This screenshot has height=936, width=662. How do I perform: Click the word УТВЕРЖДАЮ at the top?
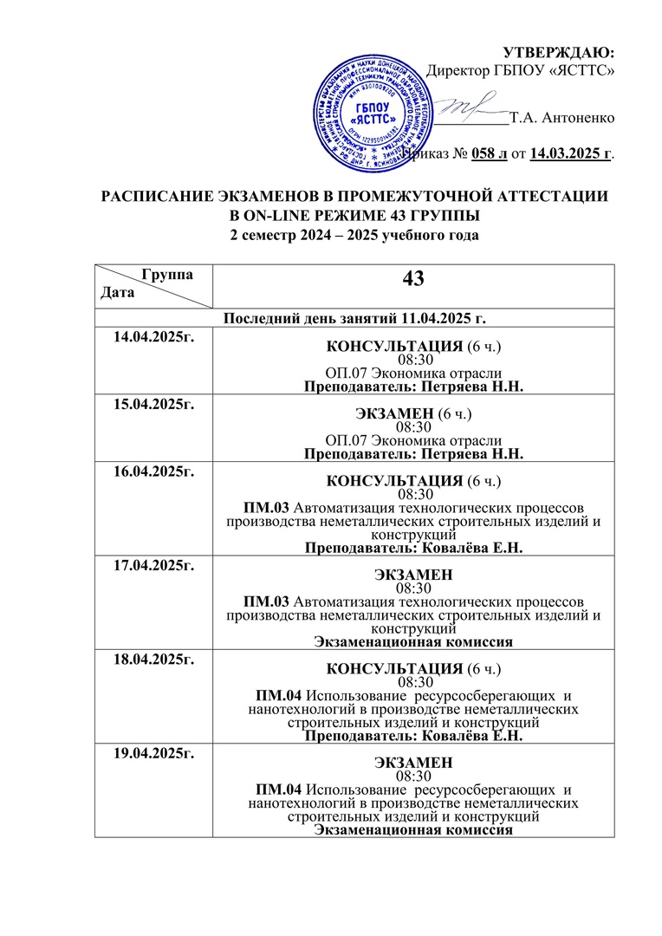[559, 52]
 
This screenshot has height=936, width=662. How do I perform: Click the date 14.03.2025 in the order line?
[568, 154]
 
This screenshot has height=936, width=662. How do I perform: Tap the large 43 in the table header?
[412, 279]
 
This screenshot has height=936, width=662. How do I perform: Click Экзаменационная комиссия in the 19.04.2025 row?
[412, 830]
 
